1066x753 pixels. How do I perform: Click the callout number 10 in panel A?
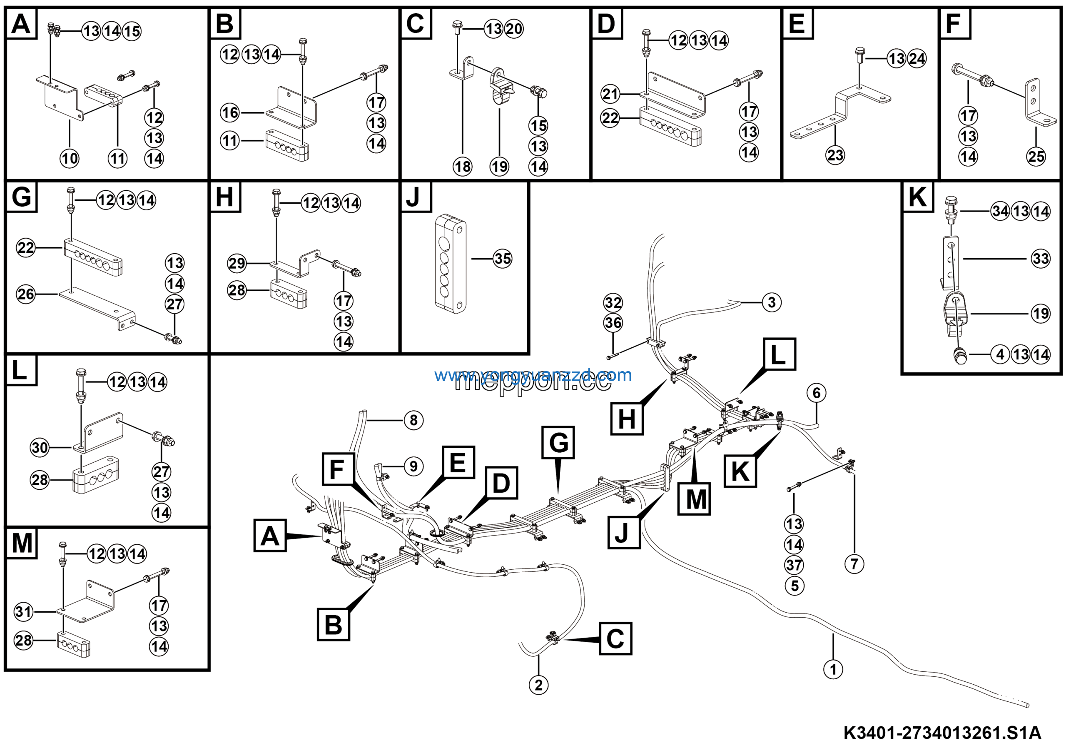pyautogui.click(x=70, y=159)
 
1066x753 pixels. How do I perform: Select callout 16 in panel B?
pyautogui.click(x=230, y=112)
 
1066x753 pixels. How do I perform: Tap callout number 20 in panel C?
pyautogui.click(x=514, y=29)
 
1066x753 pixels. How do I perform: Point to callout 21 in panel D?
pyautogui.click(x=610, y=94)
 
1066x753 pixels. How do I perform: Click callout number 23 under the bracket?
pyautogui.click(x=835, y=155)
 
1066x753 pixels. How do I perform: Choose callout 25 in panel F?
pyautogui.click(x=1036, y=157)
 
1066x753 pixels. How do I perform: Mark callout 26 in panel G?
pyautogui.click(x=26, y=294)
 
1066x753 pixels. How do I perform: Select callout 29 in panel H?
pyautogui.click(x=237, y=264)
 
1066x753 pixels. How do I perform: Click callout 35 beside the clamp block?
pyautogui.click(x=502, y=259)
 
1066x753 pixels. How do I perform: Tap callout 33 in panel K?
pyautogui.click(x=1041, y=259)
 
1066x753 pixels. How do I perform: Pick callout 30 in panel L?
pyautogui.click(x=40, y=448)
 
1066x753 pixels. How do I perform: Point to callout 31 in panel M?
pyautogui.click(x=24, y=611)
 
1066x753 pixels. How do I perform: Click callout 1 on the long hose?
pyautogui.click(x=833, y=669)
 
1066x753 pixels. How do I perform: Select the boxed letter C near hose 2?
pyautogui.click(x=615, y=639)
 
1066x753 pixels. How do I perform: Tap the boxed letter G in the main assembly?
pyautogui.click(x=558, y=443)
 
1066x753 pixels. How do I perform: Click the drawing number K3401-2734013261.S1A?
pyautogui.click(x=942, y=733)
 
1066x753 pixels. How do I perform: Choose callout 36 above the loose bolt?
pyautogui.click(x=613, y=323)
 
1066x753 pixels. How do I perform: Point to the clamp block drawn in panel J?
pyautogui.click(x=451, y=263)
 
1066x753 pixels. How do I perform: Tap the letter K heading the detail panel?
pyautogui.click(x=917, y=197)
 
